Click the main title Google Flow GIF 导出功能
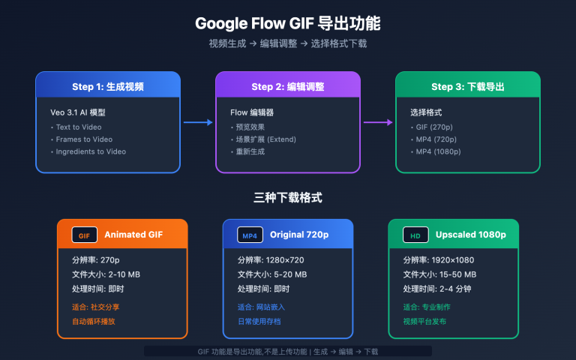click(x=287, y=23)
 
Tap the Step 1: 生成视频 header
click(x=107, y=86)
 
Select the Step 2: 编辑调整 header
click(x=287, y=86)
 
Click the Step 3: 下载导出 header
click(x=467, y=86)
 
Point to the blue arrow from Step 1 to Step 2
click(x=198, y=122)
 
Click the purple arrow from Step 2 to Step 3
click(x=378, y=122)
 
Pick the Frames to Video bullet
click(x=84, y=139)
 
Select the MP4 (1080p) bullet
click(x=438, y=151)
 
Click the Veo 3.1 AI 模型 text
click(x=78, y=112)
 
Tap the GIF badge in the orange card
click(x=84, y=235)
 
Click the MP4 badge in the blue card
click(x=250, y=235)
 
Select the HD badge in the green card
click(x=415, y=235)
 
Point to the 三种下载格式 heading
click(x=287, y=198)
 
